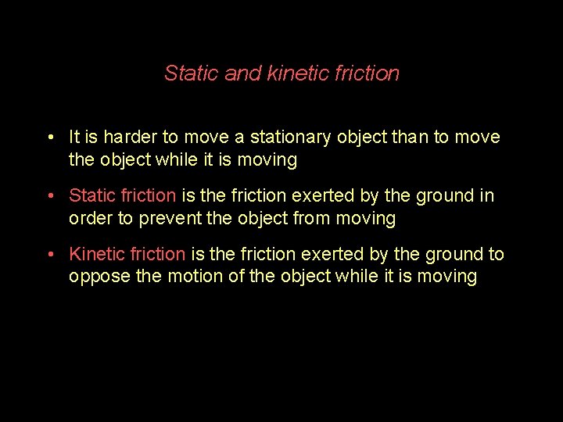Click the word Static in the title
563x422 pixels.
click(192, 73)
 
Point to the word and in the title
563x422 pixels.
click(243, 73)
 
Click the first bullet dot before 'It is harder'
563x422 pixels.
click(49, 138)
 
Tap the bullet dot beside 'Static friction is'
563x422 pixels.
click(49, 196)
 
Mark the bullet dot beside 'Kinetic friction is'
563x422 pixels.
click(49, 255)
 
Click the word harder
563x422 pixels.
click(130, 138)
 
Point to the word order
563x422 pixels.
click(91, 218)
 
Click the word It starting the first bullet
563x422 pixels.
click(75, 138)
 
